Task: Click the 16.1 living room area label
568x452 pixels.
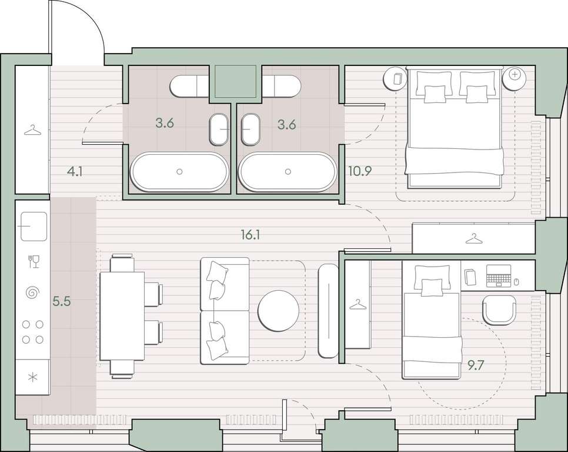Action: [x=250, y=235]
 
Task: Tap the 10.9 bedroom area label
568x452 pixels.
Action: [x=360, y=171]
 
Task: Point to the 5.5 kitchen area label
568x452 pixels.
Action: [x=62, y=301]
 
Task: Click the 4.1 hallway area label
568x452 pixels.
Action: [x=75, y=171]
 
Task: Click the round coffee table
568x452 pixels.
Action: [x=278, y=311]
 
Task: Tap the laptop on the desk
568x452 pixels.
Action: [x=499, y=275]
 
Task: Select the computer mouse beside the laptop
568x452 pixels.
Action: [x=516, y=281]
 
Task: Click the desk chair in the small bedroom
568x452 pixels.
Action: [x=499, y=310]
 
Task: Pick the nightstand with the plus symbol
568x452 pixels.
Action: [x=514, y=78]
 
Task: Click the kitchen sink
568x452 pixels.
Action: [x=34, y=226]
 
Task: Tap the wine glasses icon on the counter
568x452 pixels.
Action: [x=34, y=261]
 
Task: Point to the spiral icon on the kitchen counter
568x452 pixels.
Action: [x=33, y=292]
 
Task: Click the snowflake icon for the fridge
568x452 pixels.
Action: [x=32, y=377]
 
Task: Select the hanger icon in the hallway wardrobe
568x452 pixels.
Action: [x=32, y=130]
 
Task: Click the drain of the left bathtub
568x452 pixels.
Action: [x=179, y=171]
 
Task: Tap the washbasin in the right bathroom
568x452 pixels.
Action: [x=250, y=129]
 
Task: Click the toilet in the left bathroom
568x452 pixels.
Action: [x=189, y=87]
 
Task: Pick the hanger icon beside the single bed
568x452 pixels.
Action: [x=358, y=304]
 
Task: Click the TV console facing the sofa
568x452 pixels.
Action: [x=328, y=311]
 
